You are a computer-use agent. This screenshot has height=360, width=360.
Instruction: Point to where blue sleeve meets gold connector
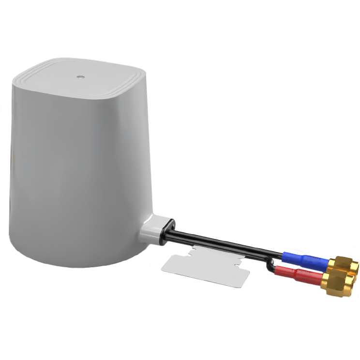(329, 263)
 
